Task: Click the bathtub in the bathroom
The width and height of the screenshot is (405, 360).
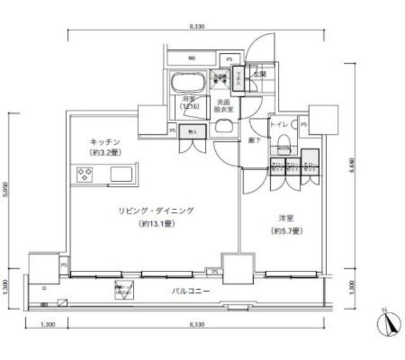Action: (187, 83)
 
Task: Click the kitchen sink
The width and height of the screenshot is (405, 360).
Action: (122, 173)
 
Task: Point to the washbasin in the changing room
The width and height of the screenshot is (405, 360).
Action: (224, 125)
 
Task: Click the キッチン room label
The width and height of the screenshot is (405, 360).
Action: (104, 142)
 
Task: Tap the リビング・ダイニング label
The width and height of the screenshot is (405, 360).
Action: (154, 211)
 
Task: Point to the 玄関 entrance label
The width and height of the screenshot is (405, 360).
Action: (259, 74)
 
